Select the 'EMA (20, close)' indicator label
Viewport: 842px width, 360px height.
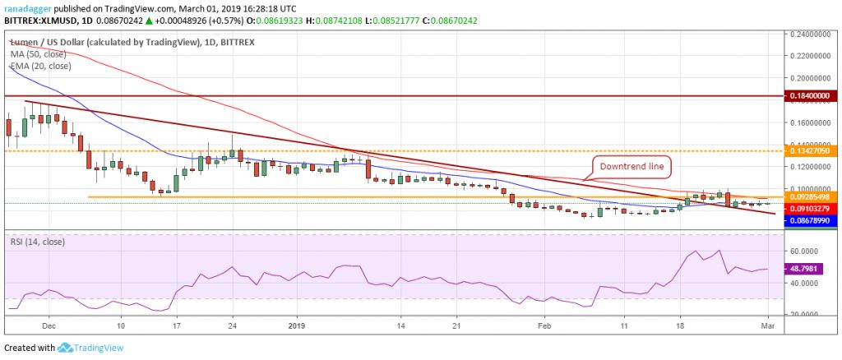pyautogui.click(x=39, y=66)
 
